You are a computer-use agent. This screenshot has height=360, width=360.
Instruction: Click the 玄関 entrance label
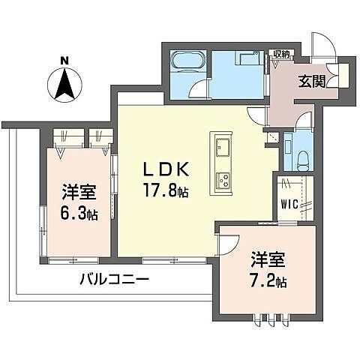[311, 82]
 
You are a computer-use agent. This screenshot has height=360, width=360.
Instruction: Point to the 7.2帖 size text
[268, 282]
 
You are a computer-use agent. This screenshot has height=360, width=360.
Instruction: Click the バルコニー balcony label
[114, 279]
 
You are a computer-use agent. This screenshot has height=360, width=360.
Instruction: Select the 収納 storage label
[281, 54]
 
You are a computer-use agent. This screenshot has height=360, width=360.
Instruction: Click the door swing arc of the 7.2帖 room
[226, 241]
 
